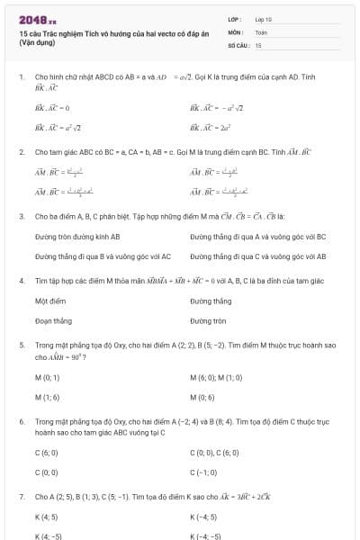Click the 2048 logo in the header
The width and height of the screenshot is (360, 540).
37,19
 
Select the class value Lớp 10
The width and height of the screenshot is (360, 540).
263,19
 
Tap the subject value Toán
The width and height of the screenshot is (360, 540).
261,31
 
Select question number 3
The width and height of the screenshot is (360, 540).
22,216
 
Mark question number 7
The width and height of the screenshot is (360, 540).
22,496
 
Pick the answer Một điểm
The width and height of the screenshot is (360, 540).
48,301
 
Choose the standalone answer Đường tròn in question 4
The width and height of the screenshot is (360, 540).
208,319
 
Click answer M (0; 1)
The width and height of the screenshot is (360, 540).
48,377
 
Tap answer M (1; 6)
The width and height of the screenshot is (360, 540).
48,396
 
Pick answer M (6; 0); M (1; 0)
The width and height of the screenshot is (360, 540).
216,377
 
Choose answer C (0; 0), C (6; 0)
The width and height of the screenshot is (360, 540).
214,453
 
